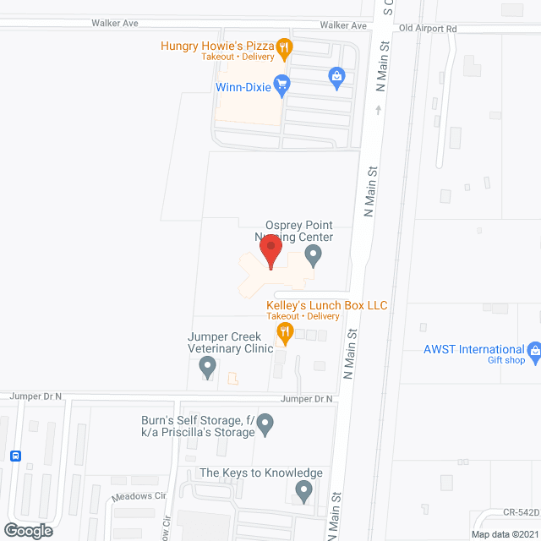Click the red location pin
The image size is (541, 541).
point(270,249)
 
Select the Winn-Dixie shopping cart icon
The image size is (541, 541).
point(282,84)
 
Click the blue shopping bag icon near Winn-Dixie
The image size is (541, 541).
point(336,77)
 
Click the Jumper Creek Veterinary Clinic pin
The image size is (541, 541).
point(207,367)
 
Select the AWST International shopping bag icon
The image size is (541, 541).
point(534,350)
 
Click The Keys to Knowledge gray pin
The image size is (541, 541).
point(304,489)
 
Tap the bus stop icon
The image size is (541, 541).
point(15,456)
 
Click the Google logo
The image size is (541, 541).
point(27,531)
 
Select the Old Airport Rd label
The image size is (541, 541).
point(428,28)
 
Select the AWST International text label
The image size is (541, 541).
point(474,349)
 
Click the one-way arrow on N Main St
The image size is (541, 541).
point(378,109)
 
